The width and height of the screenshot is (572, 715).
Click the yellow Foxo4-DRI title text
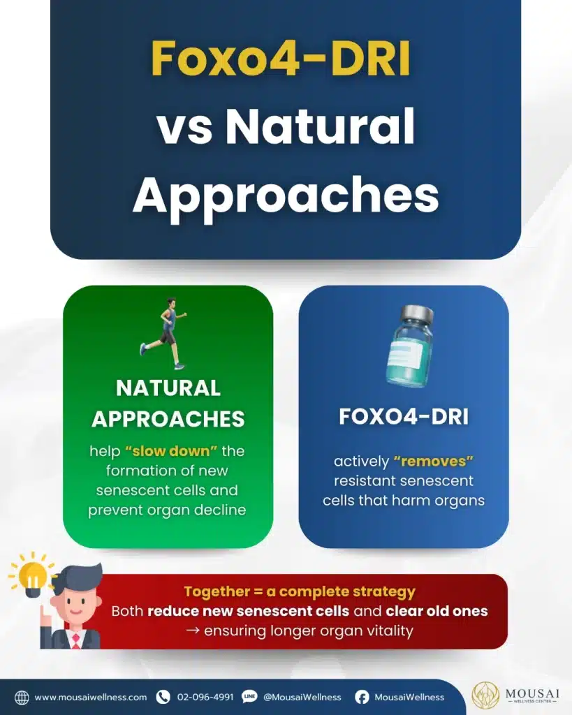pyautogui.click(x=281, y=59)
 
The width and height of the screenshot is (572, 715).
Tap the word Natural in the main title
pyautogui.click(x=320, y=126)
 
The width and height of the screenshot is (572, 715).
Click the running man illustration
pyautogui.click(x=163, y=333)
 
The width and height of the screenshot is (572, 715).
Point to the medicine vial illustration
pyautogui.click(x=409, y=346)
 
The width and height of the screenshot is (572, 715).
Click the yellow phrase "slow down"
pyautogui.click(x=171, y=451)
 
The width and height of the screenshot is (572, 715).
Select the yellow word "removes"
pyautogui.click(x=433, y=461)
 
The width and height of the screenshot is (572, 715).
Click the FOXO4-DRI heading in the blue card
pyautogui.click(x=404, y=417)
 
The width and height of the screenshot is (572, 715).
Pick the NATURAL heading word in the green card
pyautogui.click(x=168, y=388)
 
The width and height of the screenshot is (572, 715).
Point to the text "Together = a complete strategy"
pyautogui.click(x=300, y=591)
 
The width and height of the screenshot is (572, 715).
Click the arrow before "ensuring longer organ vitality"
pyautogui.click(x=193, y=631)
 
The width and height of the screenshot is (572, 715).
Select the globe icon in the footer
pyautogui.click(x=22, y=698)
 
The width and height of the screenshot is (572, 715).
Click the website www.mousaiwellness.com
pyautogui.click(x=91, y=698)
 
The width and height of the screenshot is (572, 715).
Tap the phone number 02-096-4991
pyautogui.click(x=205, y=698)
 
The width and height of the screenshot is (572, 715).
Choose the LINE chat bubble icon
pyautogui.click(x=249, y=697)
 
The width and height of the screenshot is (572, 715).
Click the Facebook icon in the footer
pyautogui.click(x=362, y=698)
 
